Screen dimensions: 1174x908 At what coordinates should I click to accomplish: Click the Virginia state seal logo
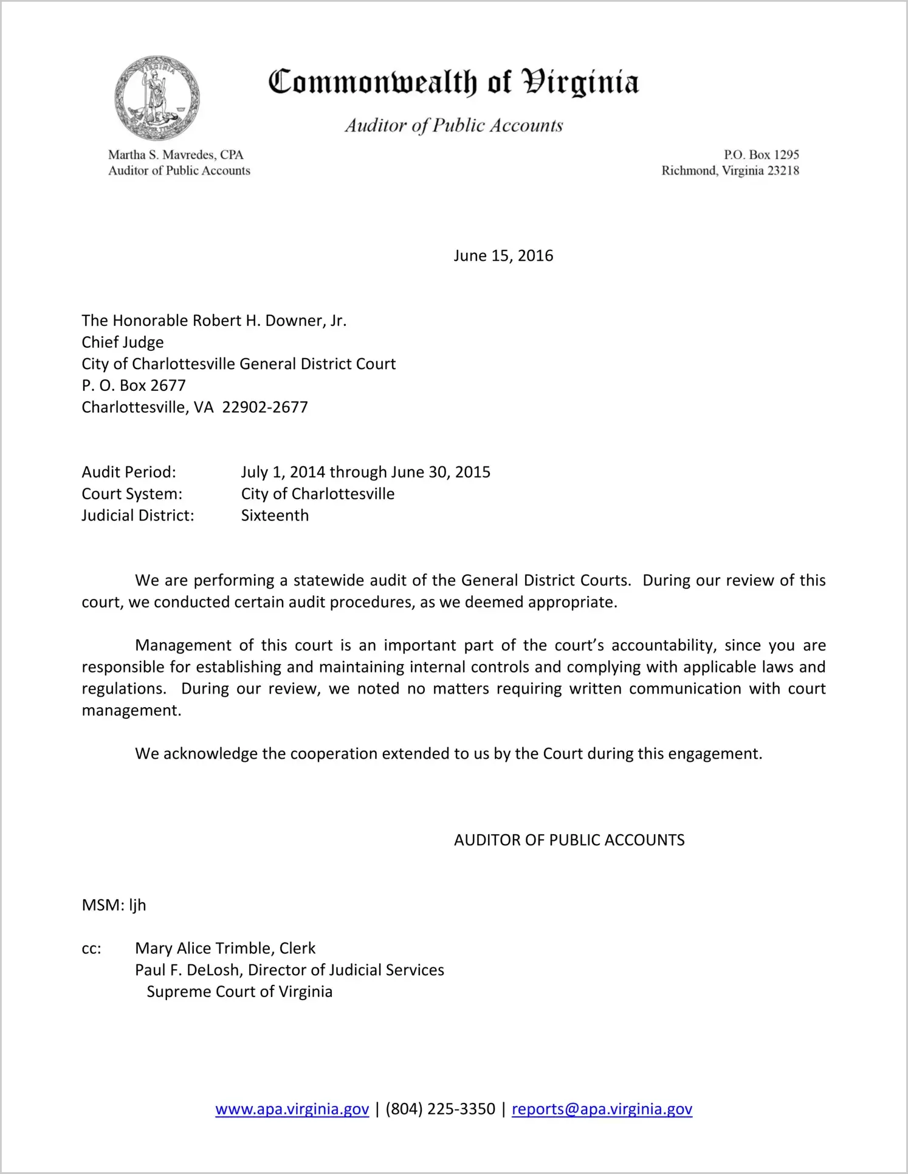click(x=157, y=98)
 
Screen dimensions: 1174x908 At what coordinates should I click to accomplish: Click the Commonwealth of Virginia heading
click(x=453, y=82)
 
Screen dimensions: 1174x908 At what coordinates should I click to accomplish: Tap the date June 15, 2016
click(x=503, y=255)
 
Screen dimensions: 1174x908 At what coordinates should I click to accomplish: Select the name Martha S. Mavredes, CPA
click(x=176, y=154)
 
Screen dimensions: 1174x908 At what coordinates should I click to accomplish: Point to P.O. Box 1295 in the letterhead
click(x=761, y=154)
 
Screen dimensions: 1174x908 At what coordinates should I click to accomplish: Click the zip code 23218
click(x=783, y=171)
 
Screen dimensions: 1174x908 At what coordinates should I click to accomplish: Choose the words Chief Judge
click(x=123, y=342)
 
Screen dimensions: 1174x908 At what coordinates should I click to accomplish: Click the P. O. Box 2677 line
click(x=134, y=385)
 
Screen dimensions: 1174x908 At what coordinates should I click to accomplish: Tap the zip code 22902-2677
click(x=265, y=407)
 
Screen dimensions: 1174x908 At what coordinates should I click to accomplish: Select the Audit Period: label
click(x=129, y=472)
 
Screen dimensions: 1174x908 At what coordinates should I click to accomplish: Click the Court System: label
click(x=132, y=494)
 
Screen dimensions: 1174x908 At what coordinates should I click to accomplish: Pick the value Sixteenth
click(x=275, y=516)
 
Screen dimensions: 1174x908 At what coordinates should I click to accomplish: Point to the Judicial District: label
click(x=138, y=516)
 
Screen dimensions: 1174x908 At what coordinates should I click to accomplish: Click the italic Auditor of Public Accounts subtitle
click(x=454, y=125)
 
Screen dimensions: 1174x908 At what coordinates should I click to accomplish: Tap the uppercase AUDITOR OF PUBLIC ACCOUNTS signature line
click(x=569, y=840)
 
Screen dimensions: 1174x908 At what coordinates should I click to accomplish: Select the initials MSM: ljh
click(x=114, y=905)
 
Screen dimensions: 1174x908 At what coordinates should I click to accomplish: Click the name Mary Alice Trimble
click(x=204, y=948)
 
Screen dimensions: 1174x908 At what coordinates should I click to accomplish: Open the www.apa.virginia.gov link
click(x=292, y=1109)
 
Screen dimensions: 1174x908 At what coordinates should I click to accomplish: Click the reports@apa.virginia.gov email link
click(x=602, y=1109)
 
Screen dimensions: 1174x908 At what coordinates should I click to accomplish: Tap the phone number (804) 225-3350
click(x=440, y=1109)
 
